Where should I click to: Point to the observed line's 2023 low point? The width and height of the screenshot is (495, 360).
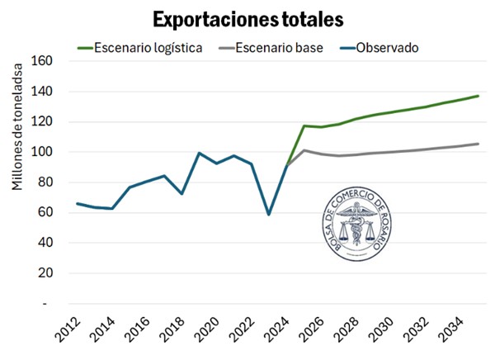point(268,214)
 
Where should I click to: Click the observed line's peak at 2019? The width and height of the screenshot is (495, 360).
point(199,153)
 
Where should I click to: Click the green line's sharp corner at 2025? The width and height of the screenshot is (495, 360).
point(304,126)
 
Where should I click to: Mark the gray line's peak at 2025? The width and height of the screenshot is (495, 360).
point(304,150)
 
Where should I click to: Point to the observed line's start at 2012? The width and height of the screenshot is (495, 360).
point(76,203)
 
